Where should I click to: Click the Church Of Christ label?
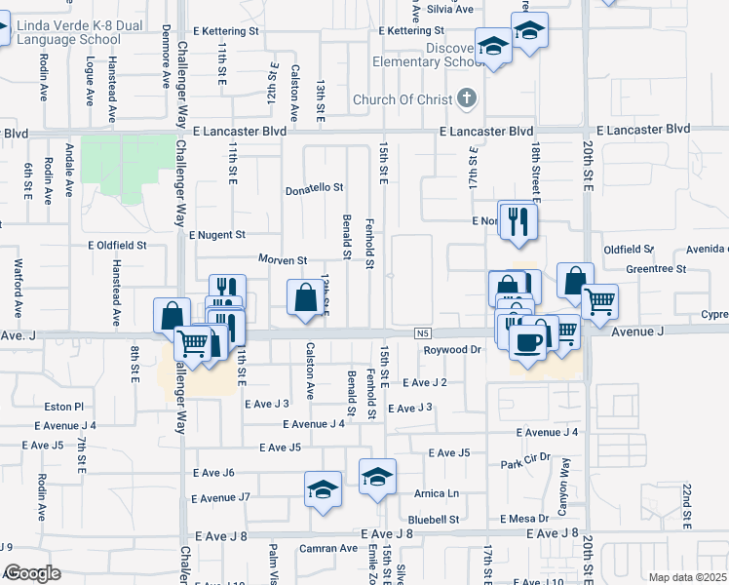click(x=403, y=99)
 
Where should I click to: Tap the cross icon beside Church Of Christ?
click(x=468, y=98)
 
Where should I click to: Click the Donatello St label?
click(x=315, y=187)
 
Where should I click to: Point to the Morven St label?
click(x=283, y=260)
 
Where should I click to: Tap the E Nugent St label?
click(x=217, y=235)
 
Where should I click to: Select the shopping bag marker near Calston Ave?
click(x=306, y=296)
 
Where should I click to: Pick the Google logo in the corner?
click(x=32, y=572)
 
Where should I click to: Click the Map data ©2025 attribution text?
click(x=687, y=577)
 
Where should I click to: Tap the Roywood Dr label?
click(x=453, y=349)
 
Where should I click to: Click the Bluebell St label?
click(x=434, y=520)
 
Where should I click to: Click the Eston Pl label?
click(x=65, y=406)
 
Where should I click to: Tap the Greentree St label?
click(x=656, y=268)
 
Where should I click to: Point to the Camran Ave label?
click(x=328, y=548)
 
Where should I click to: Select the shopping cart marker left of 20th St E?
click(x=598, y=300)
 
